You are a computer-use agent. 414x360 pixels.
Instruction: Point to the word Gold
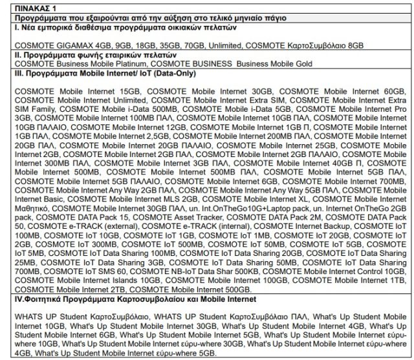pos(302,64)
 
